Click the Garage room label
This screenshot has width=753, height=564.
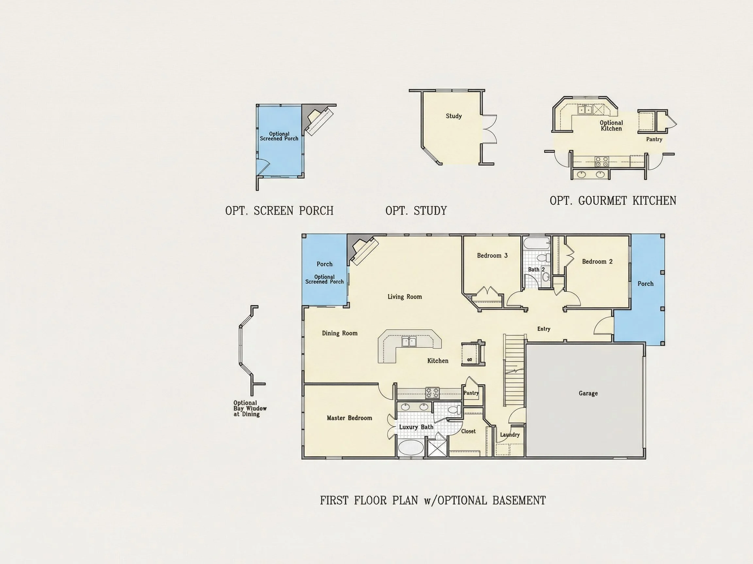coord(588,393)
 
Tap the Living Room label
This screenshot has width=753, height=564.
coord(405,297)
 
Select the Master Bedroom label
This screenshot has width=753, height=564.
coord(349,418)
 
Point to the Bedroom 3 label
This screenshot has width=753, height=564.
coord(492,256)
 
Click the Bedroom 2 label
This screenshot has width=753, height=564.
coord(597,261)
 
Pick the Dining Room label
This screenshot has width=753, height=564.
coord(340,334)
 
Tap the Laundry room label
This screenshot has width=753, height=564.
coord(510,435)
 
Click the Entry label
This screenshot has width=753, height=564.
coord(544,329)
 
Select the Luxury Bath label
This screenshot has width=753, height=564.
coord(416,427)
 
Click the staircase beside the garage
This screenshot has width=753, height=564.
coord(514,370)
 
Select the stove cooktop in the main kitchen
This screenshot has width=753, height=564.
coord(433,393)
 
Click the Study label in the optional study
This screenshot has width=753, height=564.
coord(454,116)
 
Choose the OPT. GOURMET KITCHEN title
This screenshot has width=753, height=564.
coord(613,201)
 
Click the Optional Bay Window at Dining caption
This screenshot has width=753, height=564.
coord(250,408)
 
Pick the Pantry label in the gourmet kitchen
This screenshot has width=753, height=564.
coord(654,139)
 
